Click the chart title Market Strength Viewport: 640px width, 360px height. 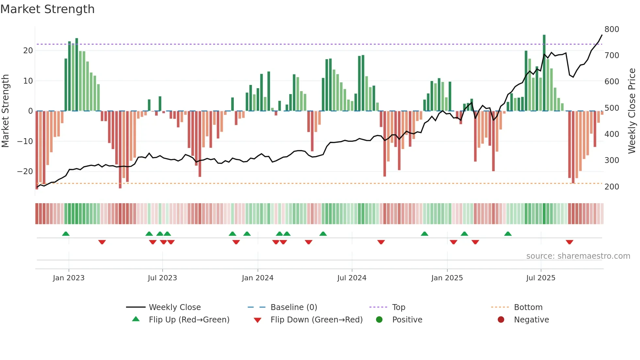click(47, 9)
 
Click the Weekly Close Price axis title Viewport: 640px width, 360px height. click(632, 111)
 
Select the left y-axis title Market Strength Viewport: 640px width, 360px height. click(5, 111)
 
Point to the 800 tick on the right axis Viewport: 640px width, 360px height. click(612, 29)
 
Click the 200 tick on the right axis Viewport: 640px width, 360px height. click(612, 187)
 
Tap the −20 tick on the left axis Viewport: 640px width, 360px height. click(25, 172)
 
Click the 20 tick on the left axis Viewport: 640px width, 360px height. click(28, 51)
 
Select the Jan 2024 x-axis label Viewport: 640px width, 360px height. click(257, 278)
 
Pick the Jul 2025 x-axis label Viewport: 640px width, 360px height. click(540, 278)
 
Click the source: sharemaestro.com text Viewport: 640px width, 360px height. click(578, 256)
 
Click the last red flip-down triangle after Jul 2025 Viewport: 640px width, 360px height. click(569, 242)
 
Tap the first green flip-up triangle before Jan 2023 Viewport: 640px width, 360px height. click(66, 234)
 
